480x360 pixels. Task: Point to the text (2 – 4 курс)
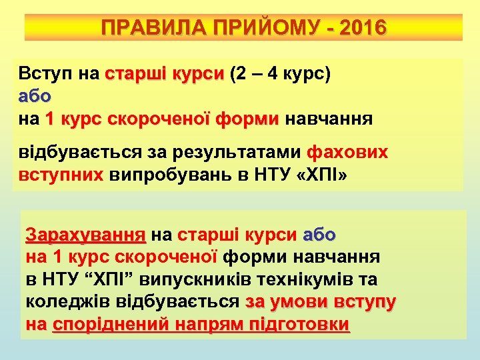(x=279, y=73)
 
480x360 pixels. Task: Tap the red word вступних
(x=61, y=175)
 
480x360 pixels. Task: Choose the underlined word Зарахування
(x=85, y=235)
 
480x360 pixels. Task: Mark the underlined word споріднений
(x=117, y=325)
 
